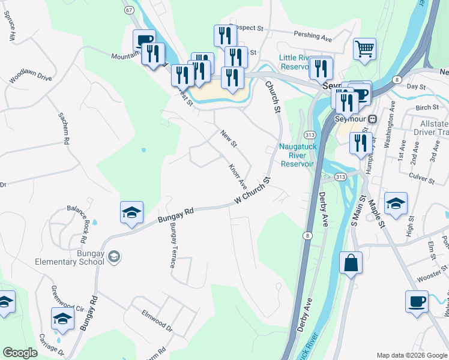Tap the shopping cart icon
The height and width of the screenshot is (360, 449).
(x=364, y=50)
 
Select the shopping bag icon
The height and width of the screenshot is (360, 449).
(x=351, y=263)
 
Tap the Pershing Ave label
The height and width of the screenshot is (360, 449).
(x=313, y=37)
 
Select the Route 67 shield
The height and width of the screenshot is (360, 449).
(x=129, y=10)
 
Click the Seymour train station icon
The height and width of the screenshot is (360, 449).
(x=372, y=119)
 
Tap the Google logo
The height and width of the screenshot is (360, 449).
(x=20, y=352)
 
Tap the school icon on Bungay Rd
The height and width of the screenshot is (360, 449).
(x=131, y=213)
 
